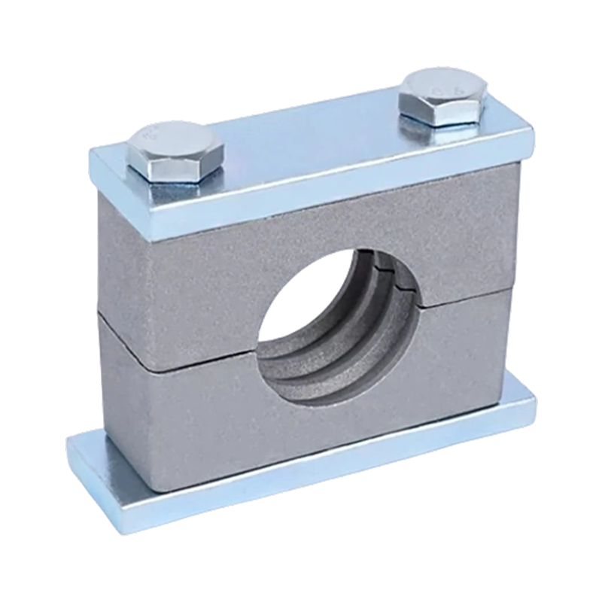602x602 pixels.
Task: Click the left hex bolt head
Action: [x=175, y=153]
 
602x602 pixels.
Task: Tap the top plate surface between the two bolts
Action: [x=309, y=150]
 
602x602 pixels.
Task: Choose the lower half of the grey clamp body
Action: [x=196, y=414]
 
